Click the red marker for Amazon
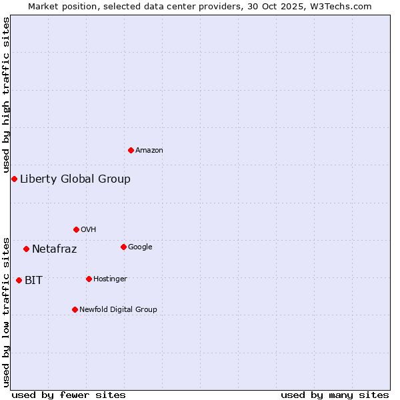click(131, 150)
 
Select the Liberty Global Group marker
click(14, 179)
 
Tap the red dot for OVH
click(76, 229)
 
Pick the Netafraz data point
click(26, 249)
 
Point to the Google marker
click(123, 247)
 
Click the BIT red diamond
click(19, 280)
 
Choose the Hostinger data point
click(89, 279)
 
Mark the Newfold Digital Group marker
click(75, 309)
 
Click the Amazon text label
click(149, 151)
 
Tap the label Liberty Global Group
click(75, 179)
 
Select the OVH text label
click(89, 230)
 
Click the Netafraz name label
click(55, 249)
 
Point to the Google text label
click(140, 247)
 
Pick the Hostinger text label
click(110, 279)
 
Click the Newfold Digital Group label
click(118, 310)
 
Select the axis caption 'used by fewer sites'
click(69, 395)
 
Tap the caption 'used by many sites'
click(335, 395)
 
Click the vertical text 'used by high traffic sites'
click(6, 95)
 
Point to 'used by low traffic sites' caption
click(6, 311)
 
